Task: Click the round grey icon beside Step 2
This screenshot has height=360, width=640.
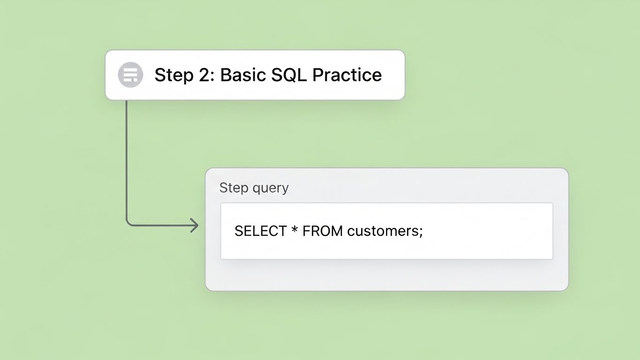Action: pos(130,75)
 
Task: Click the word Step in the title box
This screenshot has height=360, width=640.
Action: pos(173,75)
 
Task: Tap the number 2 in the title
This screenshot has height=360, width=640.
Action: pos(206,75)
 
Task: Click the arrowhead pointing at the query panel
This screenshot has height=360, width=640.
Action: pos(195,225)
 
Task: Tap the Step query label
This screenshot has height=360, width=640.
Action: pos(254,188)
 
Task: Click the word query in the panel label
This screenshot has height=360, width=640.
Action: pos(271,188)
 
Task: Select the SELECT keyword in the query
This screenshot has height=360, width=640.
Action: pos(260,231)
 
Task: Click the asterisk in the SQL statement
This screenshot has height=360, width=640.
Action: pos(294,230)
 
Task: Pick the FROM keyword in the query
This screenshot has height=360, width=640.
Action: pos(323,231)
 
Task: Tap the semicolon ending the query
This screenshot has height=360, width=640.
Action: pos(421,232)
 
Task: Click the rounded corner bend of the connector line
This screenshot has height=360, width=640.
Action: pos(128,224)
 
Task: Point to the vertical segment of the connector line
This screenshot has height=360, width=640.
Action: pos(127,159)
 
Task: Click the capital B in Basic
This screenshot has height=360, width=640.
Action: pos(225,75)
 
